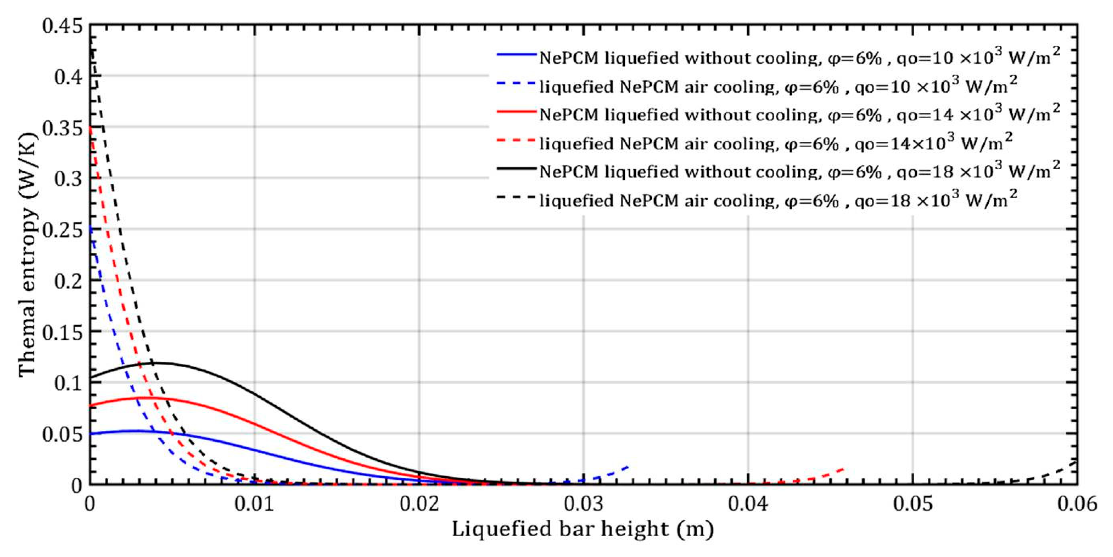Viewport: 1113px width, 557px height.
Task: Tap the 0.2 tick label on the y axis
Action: [x=68, y=281]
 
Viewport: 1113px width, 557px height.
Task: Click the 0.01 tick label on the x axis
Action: [x=254, y=504]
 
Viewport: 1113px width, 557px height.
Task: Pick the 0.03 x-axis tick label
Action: [x=583, y=504]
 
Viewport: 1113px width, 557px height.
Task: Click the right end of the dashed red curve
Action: [x=844, y=469]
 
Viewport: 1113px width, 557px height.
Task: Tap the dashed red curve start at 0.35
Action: [x=90, y=128]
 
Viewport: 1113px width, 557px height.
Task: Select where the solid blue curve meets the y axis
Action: [x=90, y=434]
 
